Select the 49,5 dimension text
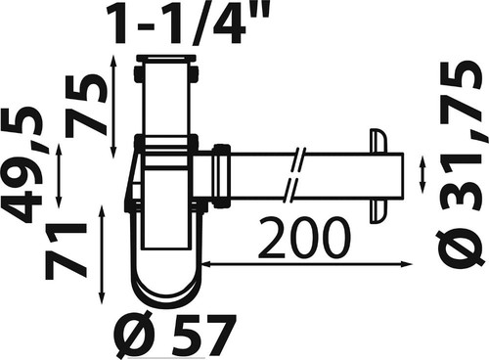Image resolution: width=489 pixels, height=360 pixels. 22,163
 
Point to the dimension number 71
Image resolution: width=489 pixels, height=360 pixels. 66,251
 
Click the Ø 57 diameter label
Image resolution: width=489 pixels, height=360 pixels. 174,336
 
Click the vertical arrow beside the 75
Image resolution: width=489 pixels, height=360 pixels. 113,107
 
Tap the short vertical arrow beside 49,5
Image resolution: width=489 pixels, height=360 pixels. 59,176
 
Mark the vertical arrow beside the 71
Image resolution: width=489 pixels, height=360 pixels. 102,255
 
